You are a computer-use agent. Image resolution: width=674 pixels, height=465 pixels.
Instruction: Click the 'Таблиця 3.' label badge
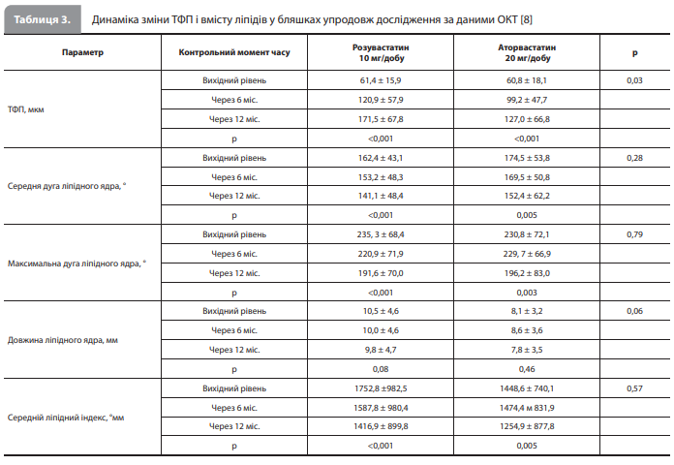[x=43, y=19]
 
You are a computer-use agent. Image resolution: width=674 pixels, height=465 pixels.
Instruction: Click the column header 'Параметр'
[x=82, y=52]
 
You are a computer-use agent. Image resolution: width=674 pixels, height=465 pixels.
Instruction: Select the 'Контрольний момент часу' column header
[x=234, y=52]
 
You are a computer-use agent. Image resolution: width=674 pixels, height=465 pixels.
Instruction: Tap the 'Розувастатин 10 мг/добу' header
[x=381, y=52]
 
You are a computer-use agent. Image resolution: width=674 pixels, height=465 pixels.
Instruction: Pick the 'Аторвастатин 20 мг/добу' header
[x=527, y=52]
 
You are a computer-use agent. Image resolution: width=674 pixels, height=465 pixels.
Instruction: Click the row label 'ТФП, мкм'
[x=26, y=109]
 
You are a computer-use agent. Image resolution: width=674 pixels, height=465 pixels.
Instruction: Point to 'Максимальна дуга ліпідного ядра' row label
[x=77, y=263]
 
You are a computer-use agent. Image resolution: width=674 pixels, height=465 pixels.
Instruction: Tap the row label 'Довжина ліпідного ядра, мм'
[x=63, y=340]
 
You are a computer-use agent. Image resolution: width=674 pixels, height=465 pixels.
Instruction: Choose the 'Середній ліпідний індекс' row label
[x=66, y=418]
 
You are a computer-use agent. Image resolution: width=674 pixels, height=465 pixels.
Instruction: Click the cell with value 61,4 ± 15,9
[x=381, y=80]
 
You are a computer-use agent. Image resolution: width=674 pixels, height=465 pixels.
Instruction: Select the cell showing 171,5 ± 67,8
[x=381, y=119]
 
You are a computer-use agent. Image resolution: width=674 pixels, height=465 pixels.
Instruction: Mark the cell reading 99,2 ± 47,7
[x=527, y=100]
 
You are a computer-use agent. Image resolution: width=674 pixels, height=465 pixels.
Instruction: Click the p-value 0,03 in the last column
[x=635, y=80]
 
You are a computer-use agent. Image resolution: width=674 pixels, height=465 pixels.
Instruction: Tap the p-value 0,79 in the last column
[x=635, y=234]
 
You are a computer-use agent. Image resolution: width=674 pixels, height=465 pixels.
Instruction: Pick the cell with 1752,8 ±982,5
[x=381, y=388]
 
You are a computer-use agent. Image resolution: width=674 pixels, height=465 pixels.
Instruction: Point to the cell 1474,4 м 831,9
[x=527, y=408]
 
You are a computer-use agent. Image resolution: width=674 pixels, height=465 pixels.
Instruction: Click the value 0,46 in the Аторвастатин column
[x=527, y=369]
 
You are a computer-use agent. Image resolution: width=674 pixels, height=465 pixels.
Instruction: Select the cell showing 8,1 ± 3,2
[x=527, y=311]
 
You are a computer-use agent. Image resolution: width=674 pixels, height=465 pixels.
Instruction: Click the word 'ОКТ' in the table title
[x=507, y=19]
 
